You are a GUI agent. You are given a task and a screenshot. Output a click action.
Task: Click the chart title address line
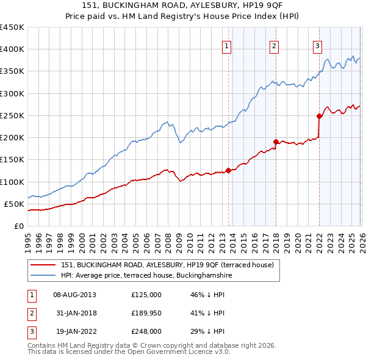(x=182, y=5)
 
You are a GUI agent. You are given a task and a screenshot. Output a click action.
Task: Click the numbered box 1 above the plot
(x=226, y=46)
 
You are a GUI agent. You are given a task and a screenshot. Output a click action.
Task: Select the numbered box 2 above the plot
(x=274, y=46)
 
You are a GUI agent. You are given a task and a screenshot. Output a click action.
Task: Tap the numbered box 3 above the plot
(x=318, y=46)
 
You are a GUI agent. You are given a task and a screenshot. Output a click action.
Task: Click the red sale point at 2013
(x=228, y=170)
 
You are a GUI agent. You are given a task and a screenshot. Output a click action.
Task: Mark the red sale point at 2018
(x=276, y=142)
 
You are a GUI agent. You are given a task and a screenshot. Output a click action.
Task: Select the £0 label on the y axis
(x=18, y=226)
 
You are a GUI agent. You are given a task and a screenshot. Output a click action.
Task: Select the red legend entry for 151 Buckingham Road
(x=170, y=264)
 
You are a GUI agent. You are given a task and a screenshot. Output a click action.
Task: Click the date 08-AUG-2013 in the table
(x=74, y=294)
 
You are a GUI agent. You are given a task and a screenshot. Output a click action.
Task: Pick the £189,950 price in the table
(x=146, y=313)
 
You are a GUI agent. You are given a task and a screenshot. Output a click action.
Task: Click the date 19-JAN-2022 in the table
(x=74, y=331)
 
